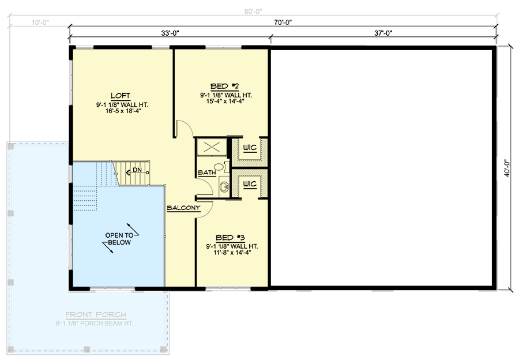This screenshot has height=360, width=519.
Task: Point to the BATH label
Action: click(x=206, y=172)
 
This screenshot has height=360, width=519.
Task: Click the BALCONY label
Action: click(x=183, y=208)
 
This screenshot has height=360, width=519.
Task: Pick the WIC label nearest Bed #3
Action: click(x=249, y=184)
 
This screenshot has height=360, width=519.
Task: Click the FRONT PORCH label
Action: click(x=96, y=315)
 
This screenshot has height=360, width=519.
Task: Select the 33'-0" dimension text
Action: click(x=169, y=33)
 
